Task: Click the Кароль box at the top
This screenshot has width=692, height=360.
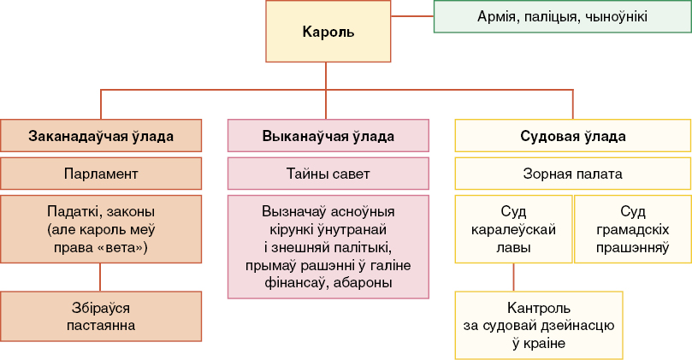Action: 328,32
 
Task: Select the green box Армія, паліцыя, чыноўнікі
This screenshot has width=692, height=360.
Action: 563,17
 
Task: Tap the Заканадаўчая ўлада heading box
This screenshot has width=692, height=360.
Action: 101,135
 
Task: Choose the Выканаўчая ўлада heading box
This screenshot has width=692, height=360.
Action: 328,135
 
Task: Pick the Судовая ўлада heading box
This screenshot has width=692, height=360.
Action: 573,135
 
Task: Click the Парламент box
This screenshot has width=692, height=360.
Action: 101,174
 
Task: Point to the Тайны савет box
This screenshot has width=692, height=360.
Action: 328,174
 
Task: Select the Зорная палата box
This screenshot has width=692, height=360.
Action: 573,174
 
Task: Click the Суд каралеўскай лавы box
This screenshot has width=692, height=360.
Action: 513,229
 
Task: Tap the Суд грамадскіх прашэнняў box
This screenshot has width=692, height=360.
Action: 632,229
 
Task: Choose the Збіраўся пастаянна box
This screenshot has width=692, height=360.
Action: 101,316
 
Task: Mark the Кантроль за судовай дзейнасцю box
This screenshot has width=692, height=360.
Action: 539,325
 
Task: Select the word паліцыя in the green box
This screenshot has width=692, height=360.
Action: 553,17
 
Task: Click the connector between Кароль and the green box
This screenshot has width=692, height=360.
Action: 412,16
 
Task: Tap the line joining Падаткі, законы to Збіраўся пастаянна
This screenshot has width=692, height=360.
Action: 100,277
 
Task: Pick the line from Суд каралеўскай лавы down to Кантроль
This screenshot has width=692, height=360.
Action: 513,277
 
